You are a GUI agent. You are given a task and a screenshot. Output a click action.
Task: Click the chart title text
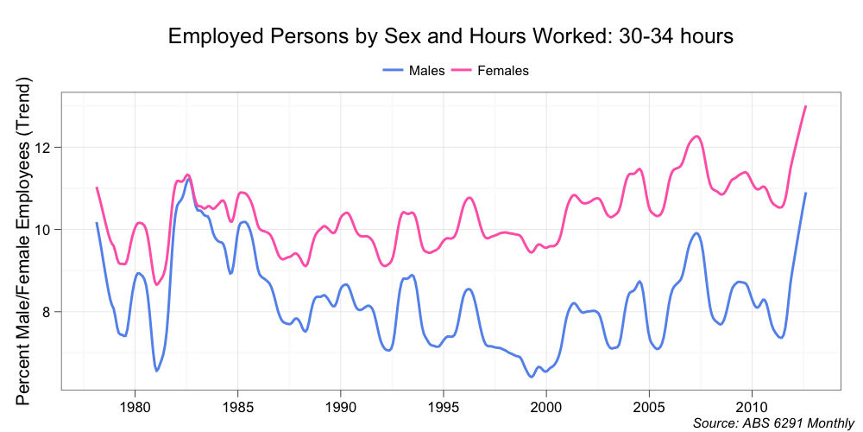(x=450, y=36)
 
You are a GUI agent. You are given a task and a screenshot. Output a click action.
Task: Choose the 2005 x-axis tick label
(x=649, y=406)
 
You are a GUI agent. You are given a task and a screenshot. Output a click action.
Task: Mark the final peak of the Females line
(x=805, y=106)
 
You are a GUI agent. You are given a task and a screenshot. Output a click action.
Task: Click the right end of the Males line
(x=805, y=193)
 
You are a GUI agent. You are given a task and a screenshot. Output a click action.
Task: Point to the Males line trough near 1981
(x=156, y=371)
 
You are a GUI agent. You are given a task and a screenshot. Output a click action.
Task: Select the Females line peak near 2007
(x=696, y=137)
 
